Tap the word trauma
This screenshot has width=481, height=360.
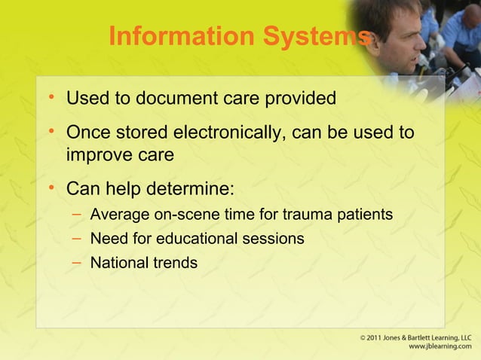point(305,215)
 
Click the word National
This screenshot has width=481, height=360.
point(118,263)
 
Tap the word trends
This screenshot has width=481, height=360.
point(173,263)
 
